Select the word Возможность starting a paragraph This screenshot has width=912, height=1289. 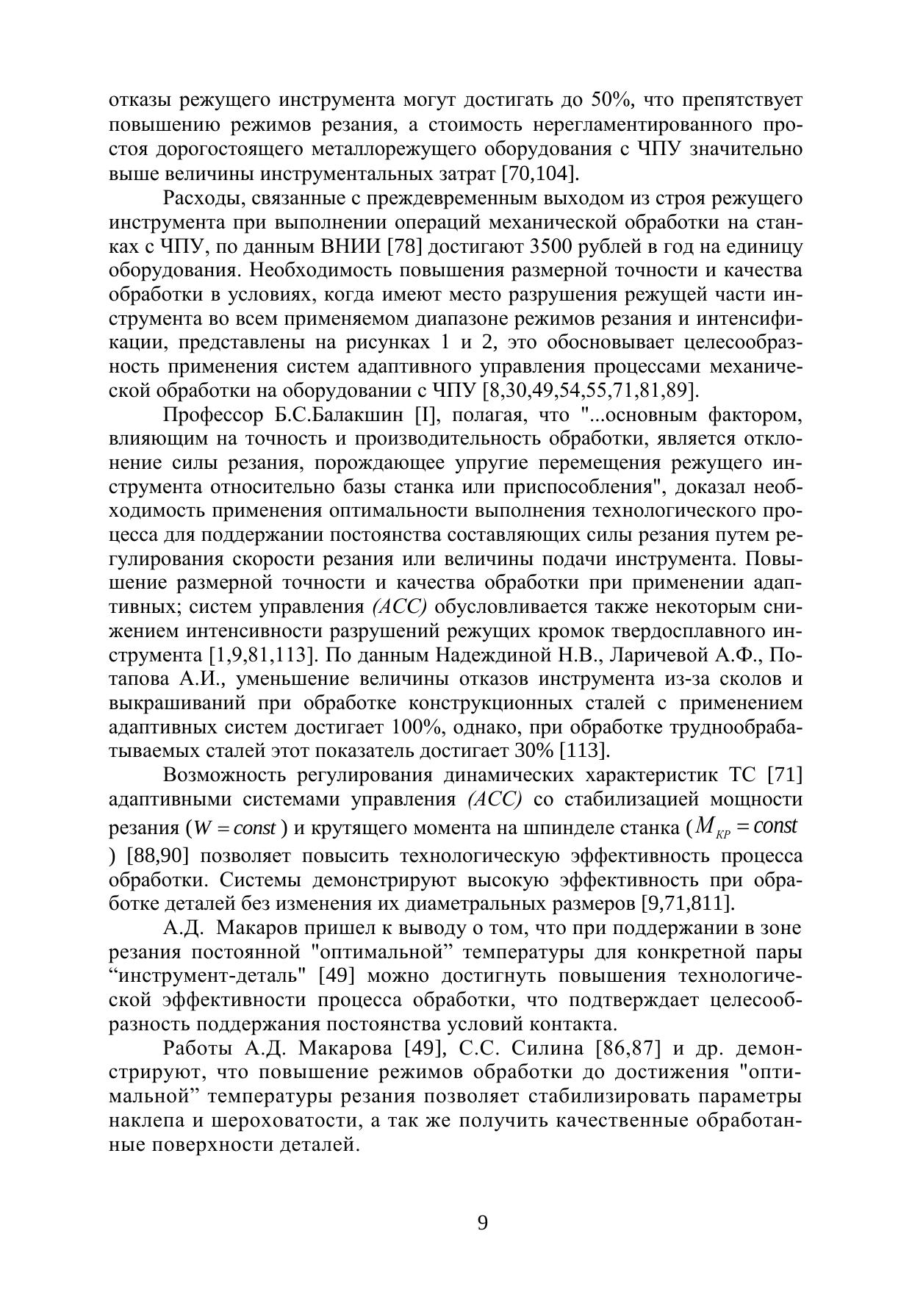tap(226, 775)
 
